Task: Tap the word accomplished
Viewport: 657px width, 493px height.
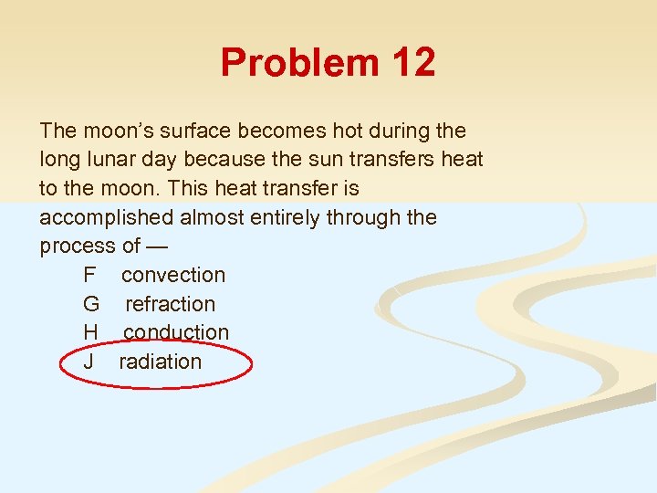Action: (109, 217)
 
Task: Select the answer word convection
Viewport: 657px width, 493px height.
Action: (172, 275)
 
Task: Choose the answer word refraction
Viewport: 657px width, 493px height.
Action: (170, 304)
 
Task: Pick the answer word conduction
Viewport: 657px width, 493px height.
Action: (176, 332)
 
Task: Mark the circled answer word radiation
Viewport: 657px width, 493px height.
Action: (160, 362)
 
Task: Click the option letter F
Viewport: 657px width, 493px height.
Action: (89, 275)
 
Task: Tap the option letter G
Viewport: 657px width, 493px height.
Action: (90, 304)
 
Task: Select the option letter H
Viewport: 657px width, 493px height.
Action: (89, 332)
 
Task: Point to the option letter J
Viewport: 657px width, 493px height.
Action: (88, 362)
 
